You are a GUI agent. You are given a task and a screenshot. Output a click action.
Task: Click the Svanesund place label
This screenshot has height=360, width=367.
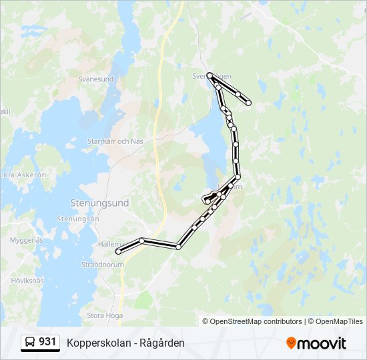click(95, 79)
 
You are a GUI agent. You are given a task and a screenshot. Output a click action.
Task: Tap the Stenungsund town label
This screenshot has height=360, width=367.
click(99, 202)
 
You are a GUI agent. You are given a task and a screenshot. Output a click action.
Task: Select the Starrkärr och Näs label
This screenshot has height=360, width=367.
click(115, 141)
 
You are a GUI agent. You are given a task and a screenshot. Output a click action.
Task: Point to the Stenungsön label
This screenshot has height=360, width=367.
click(77, 219)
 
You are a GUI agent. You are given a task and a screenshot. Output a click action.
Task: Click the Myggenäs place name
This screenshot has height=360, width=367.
click(26, 239)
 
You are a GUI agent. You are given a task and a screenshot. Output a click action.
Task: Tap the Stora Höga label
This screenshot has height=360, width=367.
click(106, 315)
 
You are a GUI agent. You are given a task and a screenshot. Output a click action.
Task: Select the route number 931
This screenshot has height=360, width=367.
click(47, 342)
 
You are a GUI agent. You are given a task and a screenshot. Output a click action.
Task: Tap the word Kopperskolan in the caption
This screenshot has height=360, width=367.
click(99, 343)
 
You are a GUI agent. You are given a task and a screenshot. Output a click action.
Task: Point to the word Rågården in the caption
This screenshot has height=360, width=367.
click(162, 343)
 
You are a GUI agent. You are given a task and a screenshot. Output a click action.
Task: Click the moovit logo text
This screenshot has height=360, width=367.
click(322, 343)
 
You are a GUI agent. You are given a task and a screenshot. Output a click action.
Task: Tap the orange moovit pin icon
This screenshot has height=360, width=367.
click(291, 343)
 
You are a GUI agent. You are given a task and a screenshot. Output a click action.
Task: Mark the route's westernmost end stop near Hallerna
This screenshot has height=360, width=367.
click(118, 251)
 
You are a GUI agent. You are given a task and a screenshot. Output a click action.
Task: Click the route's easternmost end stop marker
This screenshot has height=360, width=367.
click(249, 103)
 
